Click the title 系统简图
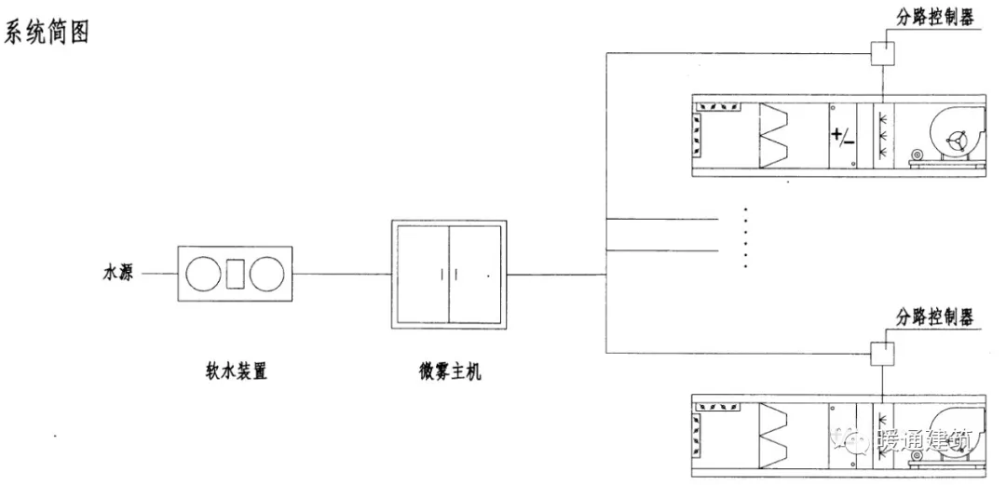[x=48, y=34]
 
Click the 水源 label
[x=117, y=275]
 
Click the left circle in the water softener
[x=202, y=274]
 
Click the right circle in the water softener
[x=265, y=274]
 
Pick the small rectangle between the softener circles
[x=235, y=274]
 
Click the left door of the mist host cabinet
[x=422, y=274]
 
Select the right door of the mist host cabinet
[x=476, y=274]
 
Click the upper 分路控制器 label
[x=935, y=17]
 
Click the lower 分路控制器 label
[x=935, y=317]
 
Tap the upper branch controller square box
[x=882, y=53]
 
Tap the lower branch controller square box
[x=882, y=353]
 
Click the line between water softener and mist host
[x=341, y=274]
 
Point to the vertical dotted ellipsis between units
[x=747, y=236]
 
